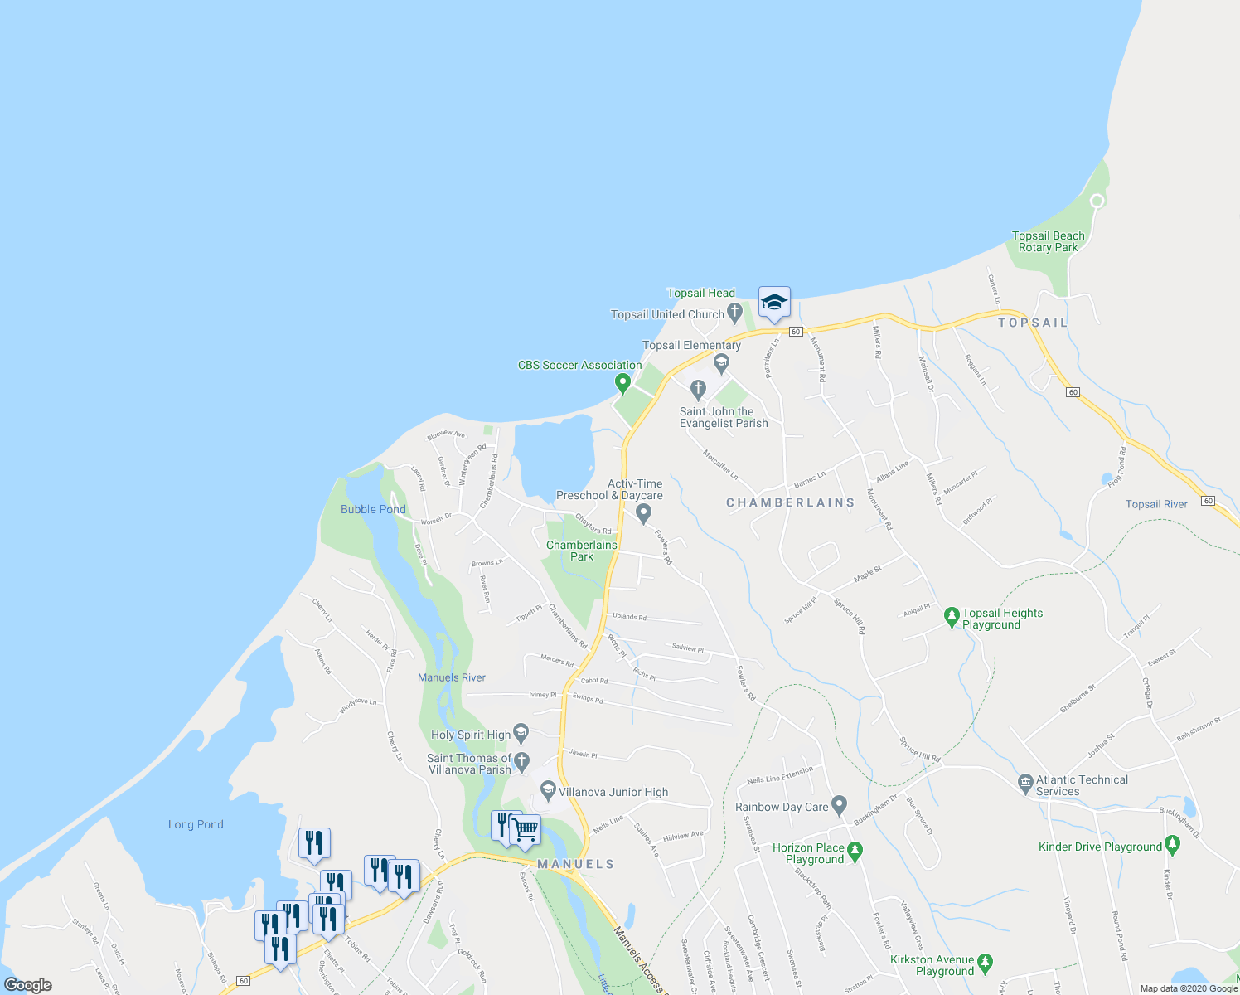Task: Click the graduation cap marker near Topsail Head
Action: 774,302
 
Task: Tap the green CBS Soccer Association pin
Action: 622,382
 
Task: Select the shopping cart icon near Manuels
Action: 525,828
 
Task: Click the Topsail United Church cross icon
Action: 734,313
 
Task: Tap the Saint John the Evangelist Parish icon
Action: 698,389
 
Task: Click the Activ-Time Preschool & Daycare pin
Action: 644,514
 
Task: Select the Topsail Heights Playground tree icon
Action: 952,617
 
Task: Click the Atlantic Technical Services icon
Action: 1025,781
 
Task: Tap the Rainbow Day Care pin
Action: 840,804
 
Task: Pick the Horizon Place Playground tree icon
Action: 855,850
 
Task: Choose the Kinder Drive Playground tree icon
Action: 1172,845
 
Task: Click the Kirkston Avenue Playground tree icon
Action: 985,963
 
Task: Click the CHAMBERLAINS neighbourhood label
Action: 790,502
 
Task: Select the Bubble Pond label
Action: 373,509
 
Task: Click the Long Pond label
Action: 196,824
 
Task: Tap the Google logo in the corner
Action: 28,984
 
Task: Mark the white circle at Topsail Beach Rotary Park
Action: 1097,201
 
